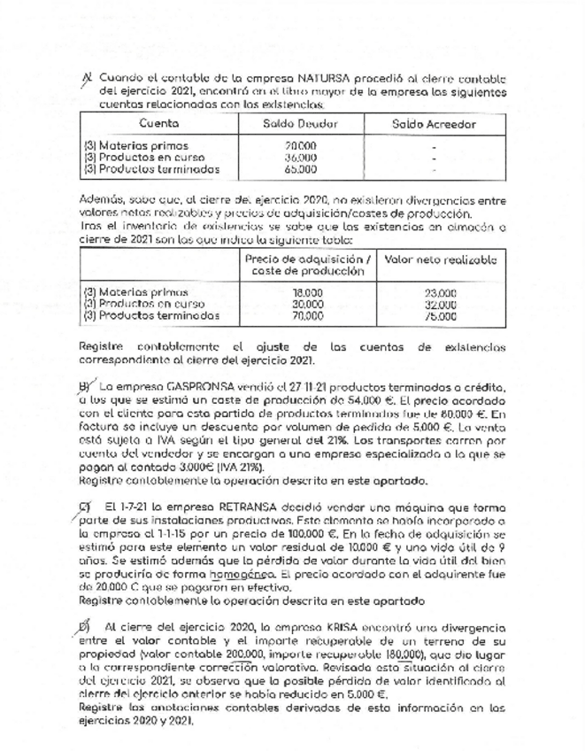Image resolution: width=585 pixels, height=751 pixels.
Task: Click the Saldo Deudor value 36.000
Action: (x=302, y=158)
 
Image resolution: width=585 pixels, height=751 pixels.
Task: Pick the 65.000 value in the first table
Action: (x=302, y=168)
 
